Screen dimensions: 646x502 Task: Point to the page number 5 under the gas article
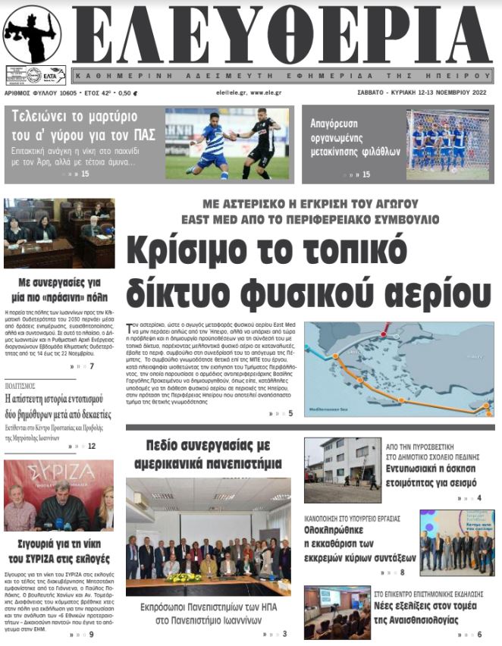click(290, 413)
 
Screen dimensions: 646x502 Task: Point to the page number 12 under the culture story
click(92, 446)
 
